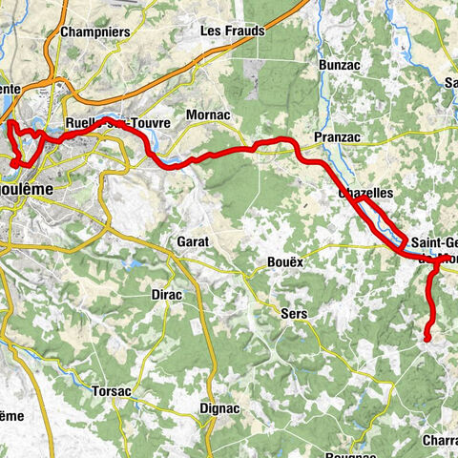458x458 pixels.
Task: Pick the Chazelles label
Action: pyautogui.click(x=366, y=193)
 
